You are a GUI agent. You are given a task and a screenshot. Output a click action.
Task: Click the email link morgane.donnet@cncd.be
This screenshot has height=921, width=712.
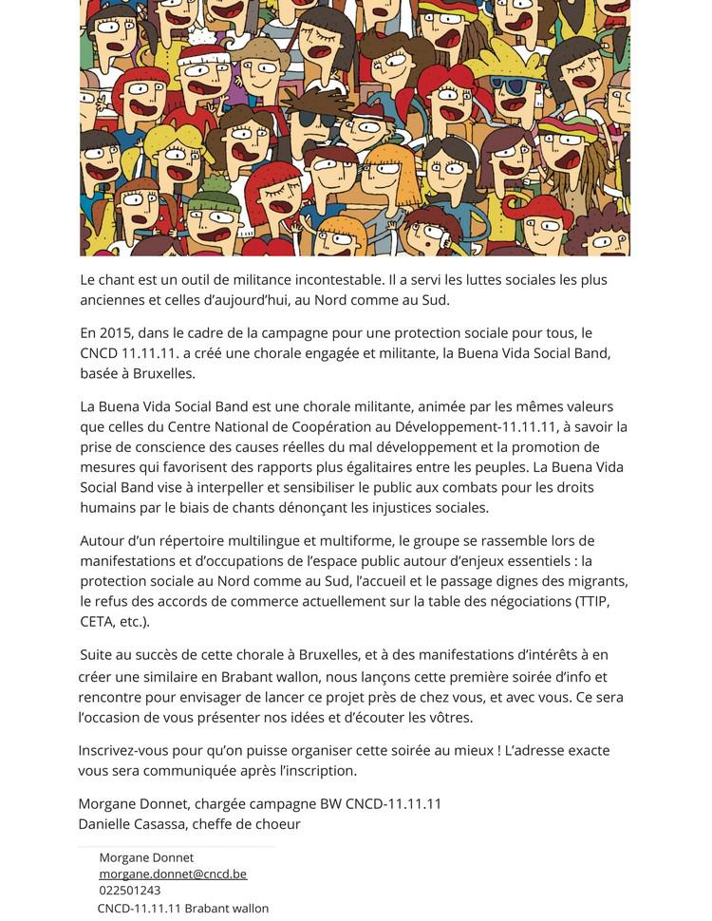[x=173, y=874]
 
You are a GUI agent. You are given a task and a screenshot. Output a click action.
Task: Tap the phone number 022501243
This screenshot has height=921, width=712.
[x=130, y=891]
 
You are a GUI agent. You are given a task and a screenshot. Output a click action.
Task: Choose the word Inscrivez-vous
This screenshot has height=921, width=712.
[x=126, y=750]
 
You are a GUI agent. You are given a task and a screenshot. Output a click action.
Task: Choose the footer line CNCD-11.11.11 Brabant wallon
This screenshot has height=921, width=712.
[x=183, y=909]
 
